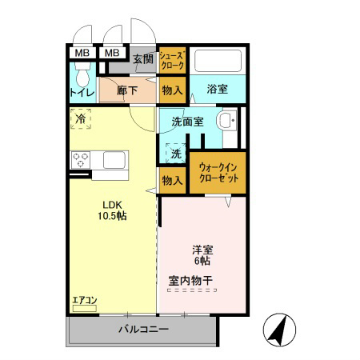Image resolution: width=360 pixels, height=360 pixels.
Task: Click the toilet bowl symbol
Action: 82,75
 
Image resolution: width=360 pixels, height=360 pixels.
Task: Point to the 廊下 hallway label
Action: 128,90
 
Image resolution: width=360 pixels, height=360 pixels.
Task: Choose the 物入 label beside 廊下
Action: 173,90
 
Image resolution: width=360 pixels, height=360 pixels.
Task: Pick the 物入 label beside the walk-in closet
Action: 173,181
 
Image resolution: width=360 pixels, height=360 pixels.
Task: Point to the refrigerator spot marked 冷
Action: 81,119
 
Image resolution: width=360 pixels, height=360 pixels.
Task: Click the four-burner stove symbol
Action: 82,161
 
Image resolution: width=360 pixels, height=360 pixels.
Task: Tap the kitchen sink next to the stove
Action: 113,162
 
